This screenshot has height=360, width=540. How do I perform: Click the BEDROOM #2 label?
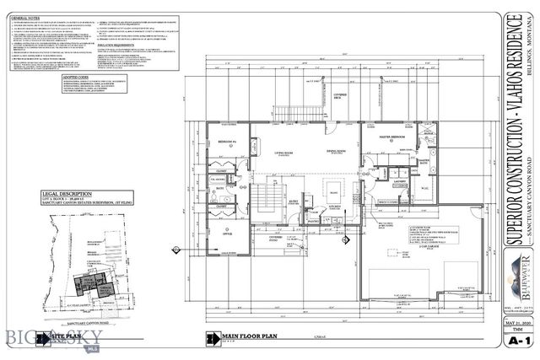point(226,141)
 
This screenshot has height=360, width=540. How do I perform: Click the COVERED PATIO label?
point(276,238)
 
